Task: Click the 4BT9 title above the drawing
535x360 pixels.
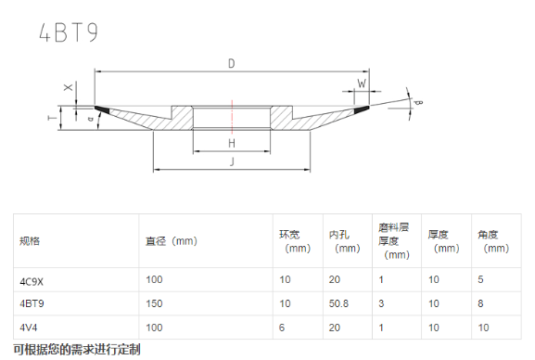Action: (69, 32)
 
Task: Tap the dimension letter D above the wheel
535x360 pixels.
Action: (231, 63)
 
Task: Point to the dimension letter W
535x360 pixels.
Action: (362, 83)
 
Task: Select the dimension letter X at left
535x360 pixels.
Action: (69, 87)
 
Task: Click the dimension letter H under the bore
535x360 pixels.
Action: (232, 143)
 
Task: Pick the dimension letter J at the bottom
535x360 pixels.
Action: (232, 161)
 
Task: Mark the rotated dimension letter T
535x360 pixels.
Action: (52, 118)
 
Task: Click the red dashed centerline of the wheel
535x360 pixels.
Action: (232, 117)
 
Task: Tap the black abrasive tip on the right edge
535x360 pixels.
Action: (362, 109)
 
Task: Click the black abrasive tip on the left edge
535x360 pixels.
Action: (102, 109)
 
